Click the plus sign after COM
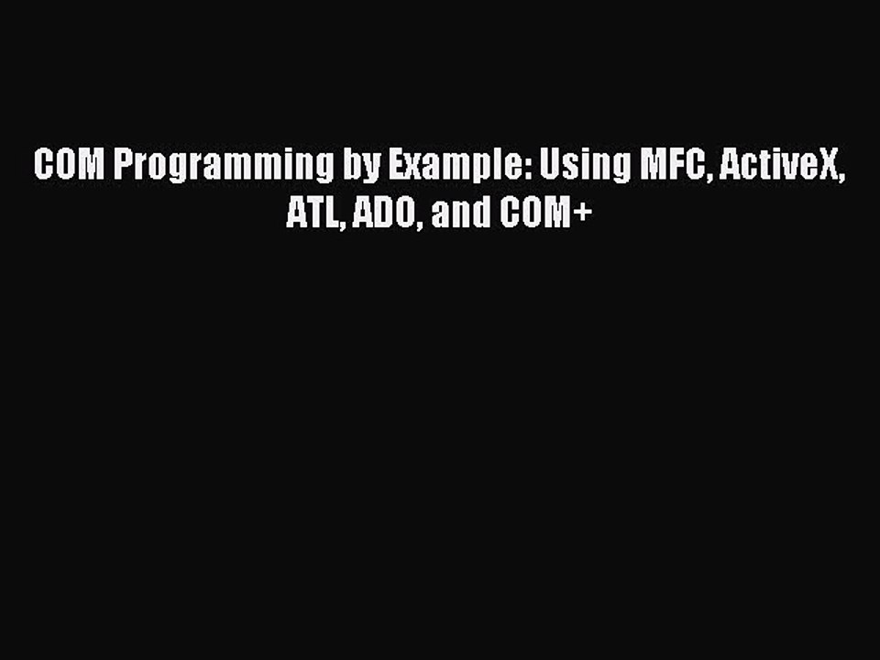[583, 216]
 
